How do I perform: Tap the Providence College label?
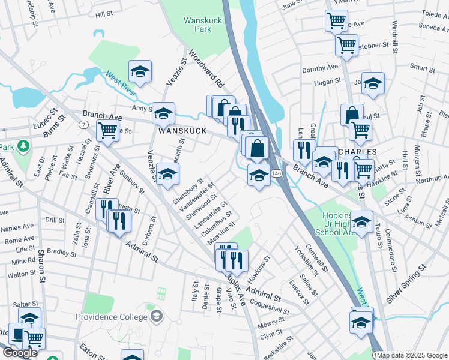[x=111, y=317]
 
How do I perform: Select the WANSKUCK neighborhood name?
[x=182, y=130]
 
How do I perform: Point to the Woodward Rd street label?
[x=206, y=68]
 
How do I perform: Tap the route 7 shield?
[x=83, y=124]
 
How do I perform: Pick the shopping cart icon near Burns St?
[x=107, y=130]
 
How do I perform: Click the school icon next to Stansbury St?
[x=167, y=174]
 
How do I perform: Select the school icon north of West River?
[x=140, y=71]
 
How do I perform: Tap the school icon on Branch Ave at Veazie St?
[x=163, y=112]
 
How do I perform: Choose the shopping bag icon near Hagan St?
[x=352, y=114]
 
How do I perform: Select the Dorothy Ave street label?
[x=322, y=70]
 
